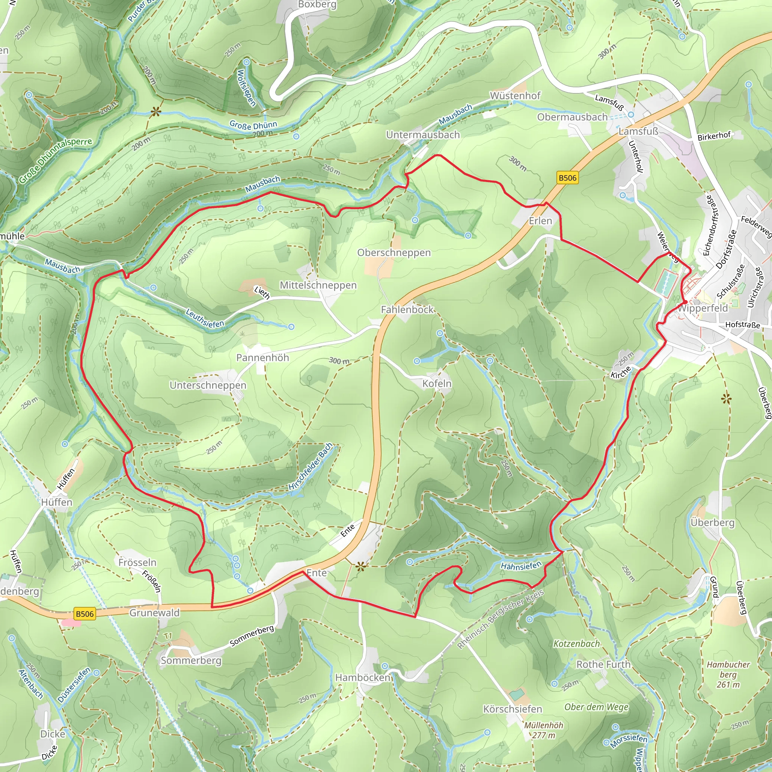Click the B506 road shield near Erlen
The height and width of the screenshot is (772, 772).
pyautogui.click(x=567, y=178)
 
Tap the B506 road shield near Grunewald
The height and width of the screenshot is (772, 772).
pyautogui.click(x=84, y=614)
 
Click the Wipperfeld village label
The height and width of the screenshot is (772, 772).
pyautogui.click(x=703, y=308)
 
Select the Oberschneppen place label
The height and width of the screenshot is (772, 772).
pyautogui.click(x=394, y=253)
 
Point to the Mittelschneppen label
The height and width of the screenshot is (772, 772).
pyautogui.click(x=318, y=285)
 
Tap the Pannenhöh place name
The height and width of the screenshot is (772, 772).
pyautogui.click(x=262, y=358)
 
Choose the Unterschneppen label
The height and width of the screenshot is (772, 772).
pyautogui.click(x=208, y=385)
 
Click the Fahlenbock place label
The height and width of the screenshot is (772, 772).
pyautogui.click(x=407, y=310)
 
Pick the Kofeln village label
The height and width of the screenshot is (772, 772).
pyautogui.click(x=437, y=384)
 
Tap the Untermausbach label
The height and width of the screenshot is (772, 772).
pyautogui.click(x=423, y=135)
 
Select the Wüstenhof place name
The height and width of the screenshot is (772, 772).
pyautogui.click(x=515, y=96)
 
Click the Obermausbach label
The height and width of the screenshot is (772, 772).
pyautogui.click(x=572, y=117)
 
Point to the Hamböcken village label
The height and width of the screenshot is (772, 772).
pyautogui.click(x=362, y=678)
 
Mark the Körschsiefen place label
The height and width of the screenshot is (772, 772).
pyautogui.click(x=512, y=709)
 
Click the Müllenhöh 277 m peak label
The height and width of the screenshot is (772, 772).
pyautogui.click(x=544, y=730)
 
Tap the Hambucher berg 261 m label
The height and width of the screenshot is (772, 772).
pyautogui.click(x=728, y=674)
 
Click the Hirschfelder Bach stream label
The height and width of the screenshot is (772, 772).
pyautogui.click(x=311, y=467)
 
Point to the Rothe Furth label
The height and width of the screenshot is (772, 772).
pyautogui.click(x=603, y=665)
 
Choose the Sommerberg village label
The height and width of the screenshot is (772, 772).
pyautogui.click(x=191, y=660)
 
